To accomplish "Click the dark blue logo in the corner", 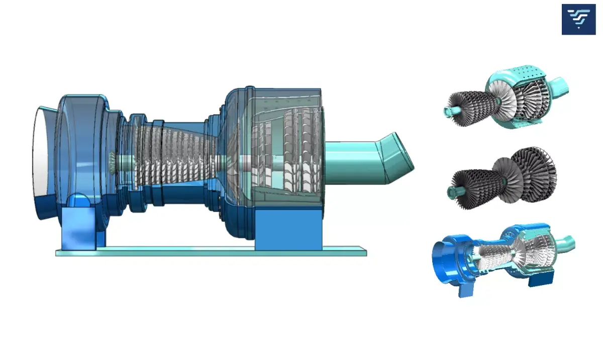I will coord(578,20).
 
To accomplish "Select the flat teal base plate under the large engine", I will coord(211,251).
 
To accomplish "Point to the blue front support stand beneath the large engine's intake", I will coord(78,229).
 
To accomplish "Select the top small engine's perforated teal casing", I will coord(523,75).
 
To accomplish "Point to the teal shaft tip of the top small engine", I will coord(449,111).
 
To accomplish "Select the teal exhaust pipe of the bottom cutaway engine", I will coord(565,244).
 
